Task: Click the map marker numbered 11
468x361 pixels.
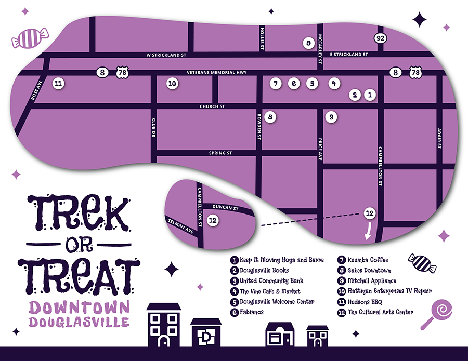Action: [x=59, y=83]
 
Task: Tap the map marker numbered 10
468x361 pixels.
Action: [x=172, y=83]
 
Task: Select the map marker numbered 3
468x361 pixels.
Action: [x=331, y=117]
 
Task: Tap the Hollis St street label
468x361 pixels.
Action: [x=263, y=39]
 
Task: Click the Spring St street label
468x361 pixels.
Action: [x=220, y=153]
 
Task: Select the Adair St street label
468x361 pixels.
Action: [x=439, y=138]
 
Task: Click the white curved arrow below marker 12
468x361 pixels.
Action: [x=370, y=230]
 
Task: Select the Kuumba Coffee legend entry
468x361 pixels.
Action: [x=368, y=260]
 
